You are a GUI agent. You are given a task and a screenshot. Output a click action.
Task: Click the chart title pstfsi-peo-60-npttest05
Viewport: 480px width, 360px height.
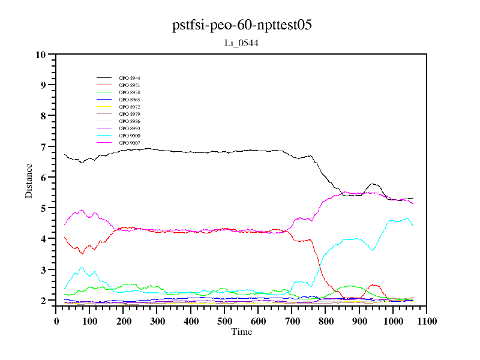[x=241, y=25]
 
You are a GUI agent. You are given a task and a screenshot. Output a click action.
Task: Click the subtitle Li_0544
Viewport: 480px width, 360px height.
[x=241, y=43]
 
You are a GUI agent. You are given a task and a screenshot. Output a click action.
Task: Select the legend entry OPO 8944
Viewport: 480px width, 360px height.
[x=130, y=79]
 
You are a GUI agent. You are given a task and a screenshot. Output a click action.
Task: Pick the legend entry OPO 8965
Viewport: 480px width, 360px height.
[x=130, y=100]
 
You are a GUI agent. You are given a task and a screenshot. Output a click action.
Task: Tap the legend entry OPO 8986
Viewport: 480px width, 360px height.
[x=130, y=122]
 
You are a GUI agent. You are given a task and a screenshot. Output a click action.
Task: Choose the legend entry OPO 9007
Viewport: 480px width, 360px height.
[x=130, y=143]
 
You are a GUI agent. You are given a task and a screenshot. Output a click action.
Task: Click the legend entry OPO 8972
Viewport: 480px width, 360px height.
[x=130, y=107]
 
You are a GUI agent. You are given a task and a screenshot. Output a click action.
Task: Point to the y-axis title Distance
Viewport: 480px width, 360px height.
[x=29, y=181]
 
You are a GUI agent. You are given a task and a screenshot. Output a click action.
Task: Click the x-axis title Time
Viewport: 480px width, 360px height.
[x=242, y=332]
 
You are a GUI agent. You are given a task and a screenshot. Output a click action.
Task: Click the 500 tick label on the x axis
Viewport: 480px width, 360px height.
[x=224, y=321]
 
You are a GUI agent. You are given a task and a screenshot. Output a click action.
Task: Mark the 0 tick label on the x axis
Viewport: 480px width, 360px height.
[x=56, y=321]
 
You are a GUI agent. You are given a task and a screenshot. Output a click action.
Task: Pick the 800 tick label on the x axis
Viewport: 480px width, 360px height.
[x=325, y=321]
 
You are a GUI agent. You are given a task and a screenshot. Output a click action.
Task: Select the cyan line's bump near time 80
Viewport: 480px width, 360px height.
[x=82, y=268]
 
